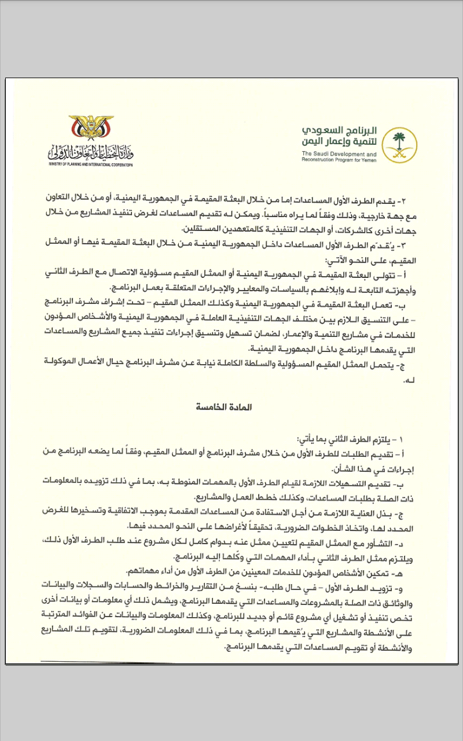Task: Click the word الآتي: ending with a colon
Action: [x=326, y=260]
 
